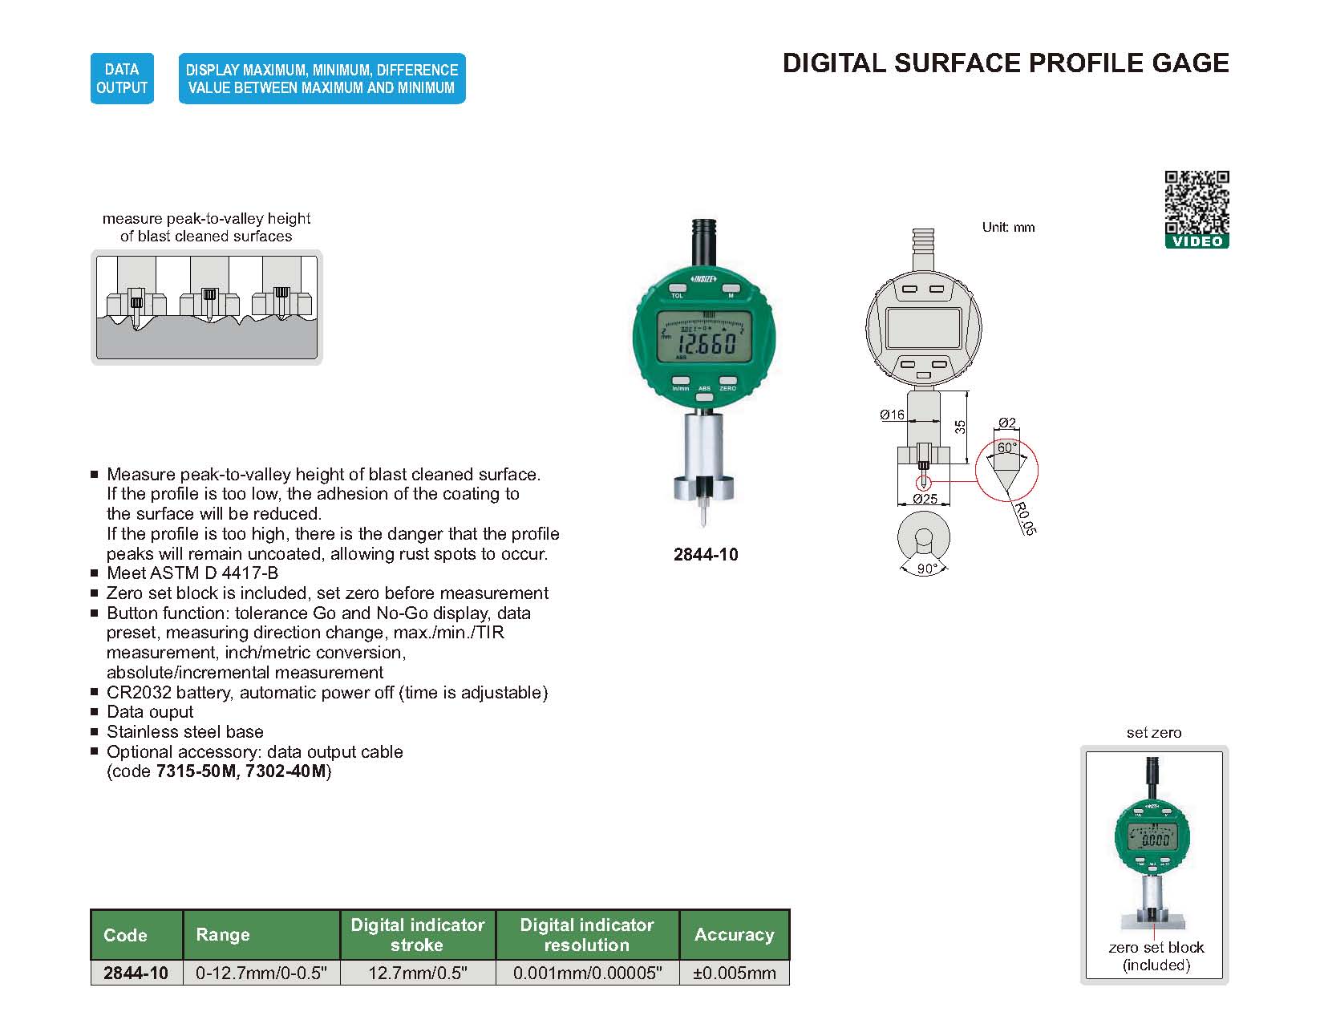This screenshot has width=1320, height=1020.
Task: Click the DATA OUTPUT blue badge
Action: tap(122, 79)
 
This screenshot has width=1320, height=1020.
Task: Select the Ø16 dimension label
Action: tap(892, 415)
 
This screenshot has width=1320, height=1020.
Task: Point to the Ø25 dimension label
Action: tap(925, 499)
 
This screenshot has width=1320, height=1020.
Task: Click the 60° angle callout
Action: tap(1006, 447)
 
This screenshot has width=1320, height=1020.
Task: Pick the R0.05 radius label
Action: tap(1024, 519)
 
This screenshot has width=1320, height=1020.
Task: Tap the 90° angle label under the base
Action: tap(927, 569)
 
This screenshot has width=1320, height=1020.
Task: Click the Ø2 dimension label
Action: tap(1007, 423)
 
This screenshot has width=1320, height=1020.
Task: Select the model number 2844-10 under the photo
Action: tap(706, 555)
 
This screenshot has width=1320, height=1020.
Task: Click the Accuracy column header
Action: tap(734, 935)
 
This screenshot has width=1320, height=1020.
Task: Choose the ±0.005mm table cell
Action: tap(735, 973)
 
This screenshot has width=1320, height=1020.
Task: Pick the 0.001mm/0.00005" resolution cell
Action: tap(587, 973)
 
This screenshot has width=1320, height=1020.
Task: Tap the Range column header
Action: tap(223, 935)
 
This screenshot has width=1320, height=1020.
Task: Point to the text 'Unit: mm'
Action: tap(1008, 228)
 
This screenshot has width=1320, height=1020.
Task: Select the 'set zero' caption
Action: tap(1153, 733)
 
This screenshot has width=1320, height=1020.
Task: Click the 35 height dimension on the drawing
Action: tap(961, 427)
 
